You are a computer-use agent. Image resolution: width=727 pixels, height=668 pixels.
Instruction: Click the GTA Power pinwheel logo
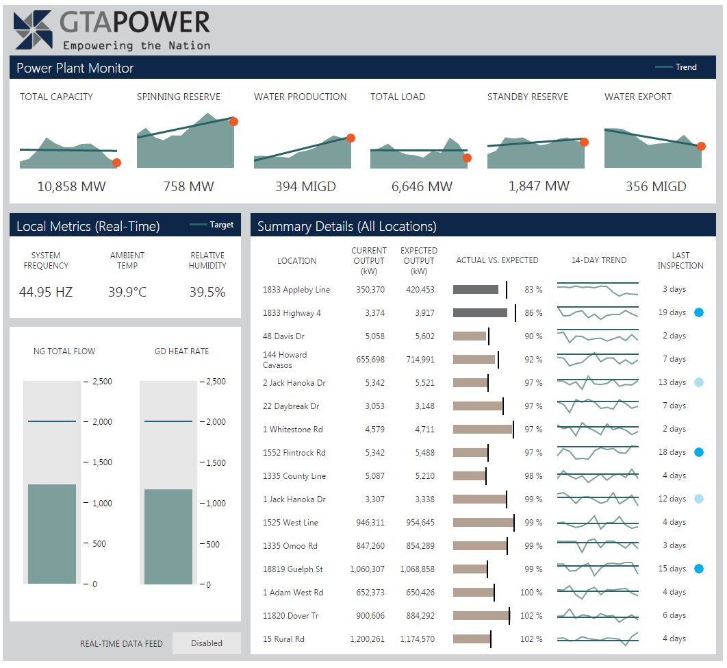tap(32, 30)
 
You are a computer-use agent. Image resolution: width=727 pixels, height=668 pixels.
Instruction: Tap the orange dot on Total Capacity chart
tap(116, 162)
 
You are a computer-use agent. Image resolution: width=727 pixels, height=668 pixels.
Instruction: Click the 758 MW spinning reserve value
tap(188, 186)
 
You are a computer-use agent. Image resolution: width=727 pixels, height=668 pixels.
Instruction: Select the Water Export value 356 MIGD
tap(656, 186)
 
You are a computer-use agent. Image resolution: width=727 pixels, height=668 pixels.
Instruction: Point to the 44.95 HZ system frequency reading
tap(46, 293)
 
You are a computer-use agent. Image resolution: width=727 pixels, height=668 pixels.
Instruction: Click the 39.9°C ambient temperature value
tap(127, 293)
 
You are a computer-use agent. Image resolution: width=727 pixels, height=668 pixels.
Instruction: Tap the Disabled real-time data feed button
tap(207, 643)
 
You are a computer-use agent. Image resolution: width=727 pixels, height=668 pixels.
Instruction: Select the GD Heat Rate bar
tap(168, 536)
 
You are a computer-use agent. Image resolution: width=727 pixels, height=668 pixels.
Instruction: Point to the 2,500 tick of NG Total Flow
tap(102, 382)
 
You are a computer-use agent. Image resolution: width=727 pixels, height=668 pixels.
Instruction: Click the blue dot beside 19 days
tap(699, 312)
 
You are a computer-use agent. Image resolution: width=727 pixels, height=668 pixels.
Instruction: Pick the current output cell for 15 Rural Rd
tap(367, 639)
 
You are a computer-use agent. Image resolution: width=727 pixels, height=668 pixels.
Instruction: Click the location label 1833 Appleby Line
tap(296, 290)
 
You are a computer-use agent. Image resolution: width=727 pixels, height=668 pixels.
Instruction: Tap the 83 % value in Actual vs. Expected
tap(533, 290)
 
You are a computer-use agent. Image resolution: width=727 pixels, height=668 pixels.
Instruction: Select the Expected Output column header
tap(419, 260)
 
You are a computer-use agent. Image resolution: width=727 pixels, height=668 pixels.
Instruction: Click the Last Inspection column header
tap(680, 260)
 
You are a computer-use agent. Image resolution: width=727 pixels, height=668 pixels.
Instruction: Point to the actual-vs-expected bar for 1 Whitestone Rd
tap(483, 430)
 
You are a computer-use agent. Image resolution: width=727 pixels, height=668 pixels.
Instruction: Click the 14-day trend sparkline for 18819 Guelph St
tap(598, 569)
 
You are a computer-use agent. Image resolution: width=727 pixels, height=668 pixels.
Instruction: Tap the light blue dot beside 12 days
tap(699, 499)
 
